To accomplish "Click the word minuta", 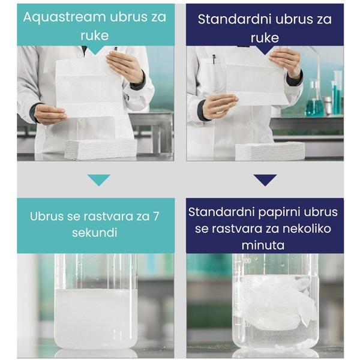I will click(264, 245).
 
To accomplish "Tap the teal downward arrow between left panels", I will click(98, 180).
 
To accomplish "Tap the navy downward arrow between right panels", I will click(265, 180).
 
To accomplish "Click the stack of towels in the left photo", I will click(100, 148).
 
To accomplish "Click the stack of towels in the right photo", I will click(269, 151).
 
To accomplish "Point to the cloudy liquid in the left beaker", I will click(95, 315).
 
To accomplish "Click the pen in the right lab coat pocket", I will click(213, 59).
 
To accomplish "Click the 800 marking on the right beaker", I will click(246, 262).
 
